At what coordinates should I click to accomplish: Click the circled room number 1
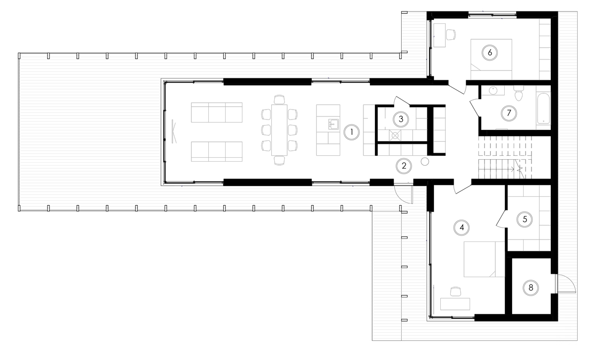coord(351,132)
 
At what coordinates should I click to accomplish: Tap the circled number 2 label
coord(404,166)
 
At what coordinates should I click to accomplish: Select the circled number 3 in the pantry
coord(401,119)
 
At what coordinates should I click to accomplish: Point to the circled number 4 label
coord(462,227)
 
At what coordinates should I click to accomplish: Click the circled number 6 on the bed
coord(489,52)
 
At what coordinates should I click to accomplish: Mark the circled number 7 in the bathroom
coord(508,113)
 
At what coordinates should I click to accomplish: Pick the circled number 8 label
coord(531,287)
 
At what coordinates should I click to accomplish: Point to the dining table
coord(279,130)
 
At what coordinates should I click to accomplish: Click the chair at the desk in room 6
coord(450,34)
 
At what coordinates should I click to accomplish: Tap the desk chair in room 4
coord(455,291)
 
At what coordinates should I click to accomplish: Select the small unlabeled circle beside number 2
coord(425,161)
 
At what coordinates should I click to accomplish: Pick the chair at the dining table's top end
coord(280,100)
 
